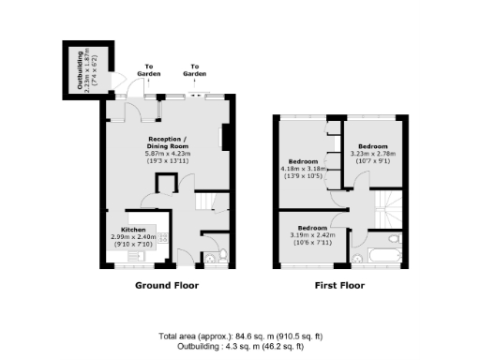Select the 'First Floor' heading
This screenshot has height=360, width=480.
click(x=339, y=285)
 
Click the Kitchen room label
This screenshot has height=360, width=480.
click(x=133, y=230)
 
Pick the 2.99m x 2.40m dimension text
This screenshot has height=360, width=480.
click(x=132, y=237)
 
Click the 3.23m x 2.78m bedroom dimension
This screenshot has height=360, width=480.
click(x=371, y=153)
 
